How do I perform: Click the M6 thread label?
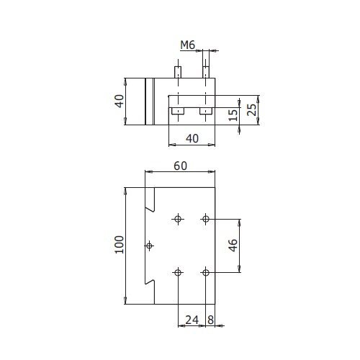pos(188,45)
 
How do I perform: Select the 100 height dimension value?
pos(120,245)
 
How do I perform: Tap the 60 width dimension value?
pos(180,166)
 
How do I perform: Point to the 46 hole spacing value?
pos(233,246)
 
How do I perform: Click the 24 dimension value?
pos(192,320)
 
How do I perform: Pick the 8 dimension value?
pos(210,320)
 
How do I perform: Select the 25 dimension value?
pos(252,109)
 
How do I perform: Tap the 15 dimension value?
pos(233,115)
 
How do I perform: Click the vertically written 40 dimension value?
pos(120,101)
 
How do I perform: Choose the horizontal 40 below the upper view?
pos(192,138)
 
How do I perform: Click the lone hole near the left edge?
pos(150,246)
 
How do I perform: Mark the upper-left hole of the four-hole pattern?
pos(178,219)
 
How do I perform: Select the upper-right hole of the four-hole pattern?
pos(206,219)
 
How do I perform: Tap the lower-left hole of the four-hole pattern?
pos(178,273)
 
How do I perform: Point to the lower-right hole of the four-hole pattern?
pos(206,273)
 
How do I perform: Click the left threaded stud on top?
pos(178,72)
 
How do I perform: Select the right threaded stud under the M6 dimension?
pos(206,72)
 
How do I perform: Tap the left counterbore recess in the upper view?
pos(178,111)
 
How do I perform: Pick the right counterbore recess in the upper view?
pos(206,111)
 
